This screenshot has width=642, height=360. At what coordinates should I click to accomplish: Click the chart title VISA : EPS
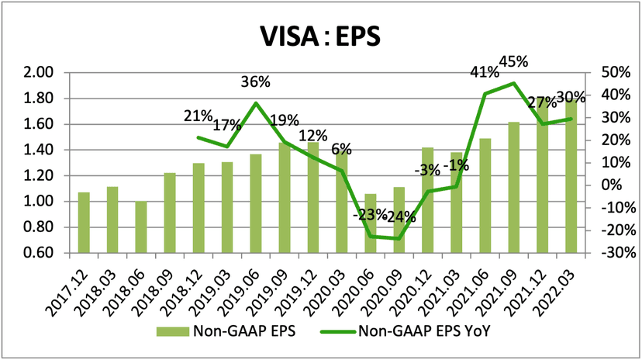click(321, 36)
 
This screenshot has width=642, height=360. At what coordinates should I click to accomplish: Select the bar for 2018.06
click(141, 227)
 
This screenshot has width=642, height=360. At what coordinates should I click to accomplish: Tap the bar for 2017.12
click(84, 223)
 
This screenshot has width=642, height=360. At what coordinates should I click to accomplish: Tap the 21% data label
click(198, 116)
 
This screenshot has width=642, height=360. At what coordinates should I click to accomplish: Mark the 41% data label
click(485, 74)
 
